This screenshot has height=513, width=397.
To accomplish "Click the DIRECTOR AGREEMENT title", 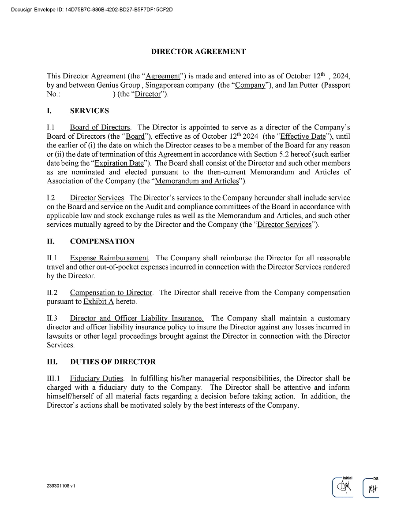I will [x=198, y=52].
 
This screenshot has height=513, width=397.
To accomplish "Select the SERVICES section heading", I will [x=89, y=111].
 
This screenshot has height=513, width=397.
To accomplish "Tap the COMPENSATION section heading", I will [x=102, y=241].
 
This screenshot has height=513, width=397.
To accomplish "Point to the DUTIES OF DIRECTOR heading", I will [x=112, y=362].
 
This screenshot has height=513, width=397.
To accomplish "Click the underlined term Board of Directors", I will [x=100, y=128].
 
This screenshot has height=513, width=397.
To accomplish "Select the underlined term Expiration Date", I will [x=120, y=163].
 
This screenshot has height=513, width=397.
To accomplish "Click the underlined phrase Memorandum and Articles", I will [x=197, y=181].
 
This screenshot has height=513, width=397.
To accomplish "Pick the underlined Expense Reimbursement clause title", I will [x=109, y=258].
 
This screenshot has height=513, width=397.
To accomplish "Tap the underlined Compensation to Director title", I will [x=111, y=293].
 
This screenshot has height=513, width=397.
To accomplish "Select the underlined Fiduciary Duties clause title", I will [x=96, y=379].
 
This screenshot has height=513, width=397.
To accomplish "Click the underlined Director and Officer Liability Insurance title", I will [x=137, y=318].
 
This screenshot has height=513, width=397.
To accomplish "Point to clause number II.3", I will [x=52, y=318].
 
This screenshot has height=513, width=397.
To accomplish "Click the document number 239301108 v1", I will [x=60, y=486].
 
